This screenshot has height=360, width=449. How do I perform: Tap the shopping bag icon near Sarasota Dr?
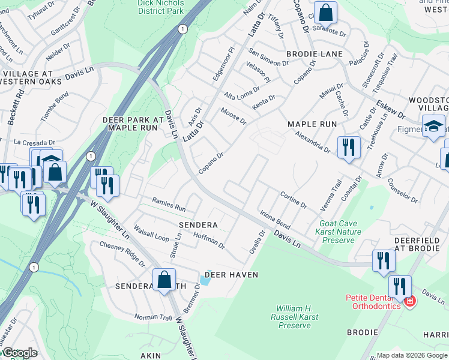(x=325, y=12)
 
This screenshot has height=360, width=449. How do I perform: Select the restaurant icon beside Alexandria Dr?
(x=349, y=147)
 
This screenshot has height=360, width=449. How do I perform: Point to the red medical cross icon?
(x=410, y=301)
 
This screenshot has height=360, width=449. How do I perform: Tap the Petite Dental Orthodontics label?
(x=372, y=302)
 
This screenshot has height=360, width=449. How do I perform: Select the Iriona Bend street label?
(x=275, y=220)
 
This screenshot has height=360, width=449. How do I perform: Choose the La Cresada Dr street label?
(x=34, y=143)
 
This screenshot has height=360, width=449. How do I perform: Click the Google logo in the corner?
(x=19, y=353)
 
